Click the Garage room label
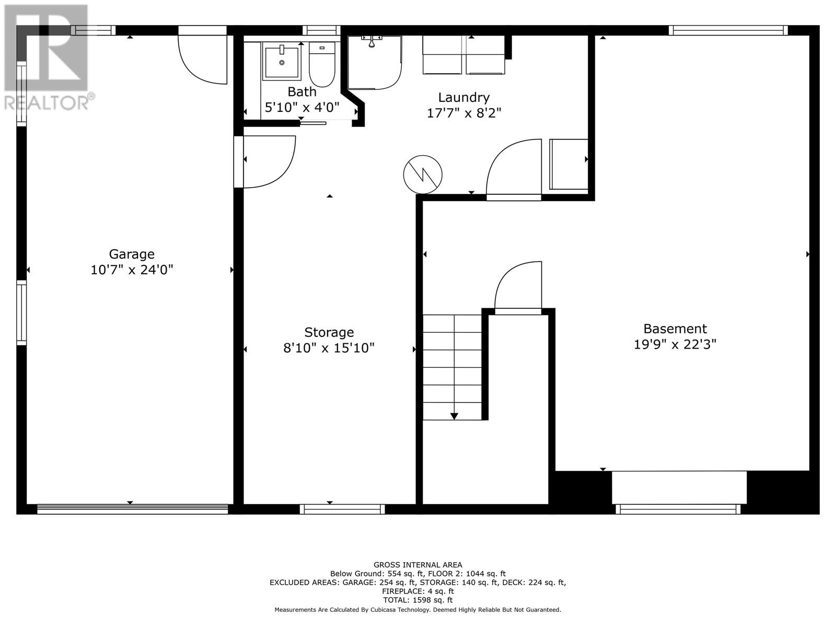pyautogui.click(x=132, y=254)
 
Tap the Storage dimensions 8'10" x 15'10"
pyautogui.click(x=329, y=348)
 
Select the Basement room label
pyautogui.click(x=675, y=329)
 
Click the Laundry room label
pyautogui.click(x=463, y=97)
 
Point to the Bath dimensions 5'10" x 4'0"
pyautogui.click(x=302, y=108)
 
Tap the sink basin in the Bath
pyautogui.click(x=282, y=62)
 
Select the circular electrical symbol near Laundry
pyautogui.click(x=423, y=175)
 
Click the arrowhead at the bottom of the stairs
pyautogui.click(x=454, y=416)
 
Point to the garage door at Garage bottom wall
pyautogui.click(x=132, y=509)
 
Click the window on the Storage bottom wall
pyautogui.click(x=342, y=509)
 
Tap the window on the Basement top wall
pyautogui.click(x=728, y=30)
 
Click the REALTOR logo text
pyautogui.click(x=50, y=102)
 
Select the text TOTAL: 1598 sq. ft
pyautogui.click(x=417, y=600)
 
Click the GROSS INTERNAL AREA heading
pyautogui.click(x=417, y=564)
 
